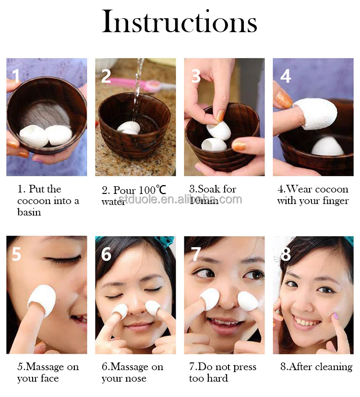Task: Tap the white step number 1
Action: click(16, 76)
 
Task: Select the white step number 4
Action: click(286, 76)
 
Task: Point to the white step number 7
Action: click(196, 254)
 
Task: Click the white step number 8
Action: click(286, 254)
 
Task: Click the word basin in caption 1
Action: click(29, 212)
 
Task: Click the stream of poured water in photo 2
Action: click(138, 91)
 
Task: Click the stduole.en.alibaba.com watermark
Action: click(180, 199)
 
